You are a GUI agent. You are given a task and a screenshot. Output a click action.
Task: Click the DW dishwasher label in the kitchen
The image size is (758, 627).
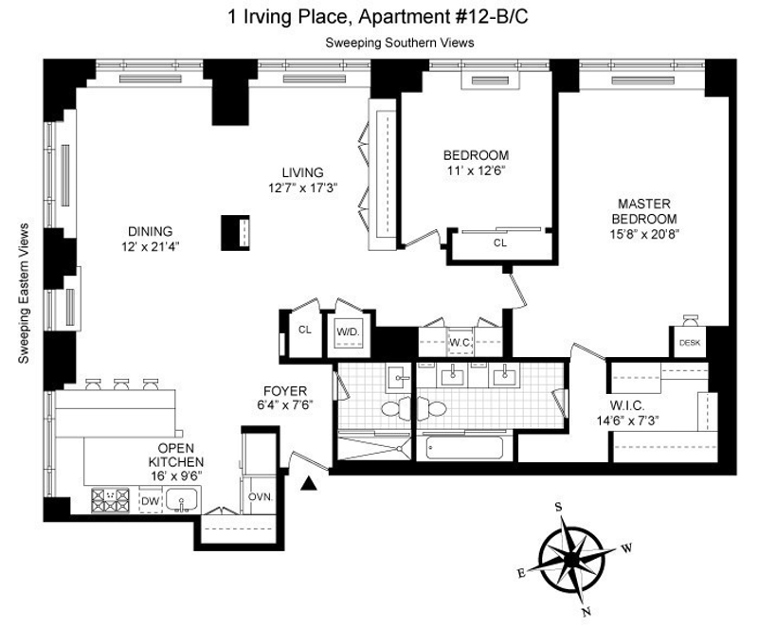150,501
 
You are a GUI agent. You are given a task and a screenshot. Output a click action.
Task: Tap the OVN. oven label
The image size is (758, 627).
261,496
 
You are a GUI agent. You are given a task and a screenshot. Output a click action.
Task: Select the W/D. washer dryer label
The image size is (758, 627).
348,331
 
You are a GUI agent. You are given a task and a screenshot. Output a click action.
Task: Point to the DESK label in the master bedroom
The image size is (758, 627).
690,343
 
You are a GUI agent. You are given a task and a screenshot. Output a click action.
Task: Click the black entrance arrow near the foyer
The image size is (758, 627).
309,484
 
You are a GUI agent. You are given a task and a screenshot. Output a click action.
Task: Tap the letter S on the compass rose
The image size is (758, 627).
558,507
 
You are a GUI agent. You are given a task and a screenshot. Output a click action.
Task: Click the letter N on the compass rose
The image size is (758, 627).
587,612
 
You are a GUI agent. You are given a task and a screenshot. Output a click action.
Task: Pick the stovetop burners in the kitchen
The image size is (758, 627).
111,500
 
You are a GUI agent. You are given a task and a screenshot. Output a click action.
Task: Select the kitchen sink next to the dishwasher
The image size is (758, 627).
181,500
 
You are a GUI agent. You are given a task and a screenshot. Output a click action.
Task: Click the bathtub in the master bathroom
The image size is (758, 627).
464,448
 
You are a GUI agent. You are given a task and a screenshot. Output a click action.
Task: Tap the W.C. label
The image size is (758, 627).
460,343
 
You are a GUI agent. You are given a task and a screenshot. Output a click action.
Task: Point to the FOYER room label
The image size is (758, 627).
285,391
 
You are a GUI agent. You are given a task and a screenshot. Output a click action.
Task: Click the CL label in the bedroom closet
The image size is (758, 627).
500,243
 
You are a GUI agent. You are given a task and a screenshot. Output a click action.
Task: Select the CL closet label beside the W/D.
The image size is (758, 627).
304,330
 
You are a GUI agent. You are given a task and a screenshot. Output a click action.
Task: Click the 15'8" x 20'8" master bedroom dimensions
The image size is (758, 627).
644,234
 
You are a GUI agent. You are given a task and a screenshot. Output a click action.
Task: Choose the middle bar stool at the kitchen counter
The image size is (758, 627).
121,385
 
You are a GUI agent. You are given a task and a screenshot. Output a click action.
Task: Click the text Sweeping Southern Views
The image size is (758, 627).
399,43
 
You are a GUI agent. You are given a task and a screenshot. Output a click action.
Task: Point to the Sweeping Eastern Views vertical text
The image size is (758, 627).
23,294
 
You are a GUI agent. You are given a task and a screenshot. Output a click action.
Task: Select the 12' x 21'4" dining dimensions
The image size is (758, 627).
151,246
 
